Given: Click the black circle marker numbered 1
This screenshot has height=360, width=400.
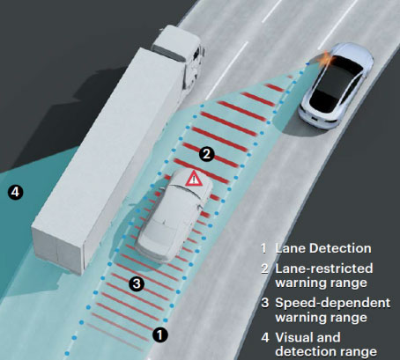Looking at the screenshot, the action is [160, 334].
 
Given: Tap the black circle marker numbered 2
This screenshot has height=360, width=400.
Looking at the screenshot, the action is [207, 153].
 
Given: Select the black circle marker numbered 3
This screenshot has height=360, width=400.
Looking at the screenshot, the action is [137, 283].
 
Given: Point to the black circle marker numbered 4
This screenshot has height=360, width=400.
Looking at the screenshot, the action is [15, 192].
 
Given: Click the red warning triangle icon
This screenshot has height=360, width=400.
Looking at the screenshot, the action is [194, 179].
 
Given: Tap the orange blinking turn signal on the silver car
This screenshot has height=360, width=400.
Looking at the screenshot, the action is [328, 60].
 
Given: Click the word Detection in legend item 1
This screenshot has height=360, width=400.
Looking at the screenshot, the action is [340, 248].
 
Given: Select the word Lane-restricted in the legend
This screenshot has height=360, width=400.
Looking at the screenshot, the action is [324, 268].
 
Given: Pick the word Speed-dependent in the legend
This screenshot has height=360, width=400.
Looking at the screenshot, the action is [333, 303].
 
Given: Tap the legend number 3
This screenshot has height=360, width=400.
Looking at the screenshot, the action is [265, 303].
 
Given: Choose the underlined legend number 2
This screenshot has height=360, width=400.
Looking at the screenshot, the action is [264, 268].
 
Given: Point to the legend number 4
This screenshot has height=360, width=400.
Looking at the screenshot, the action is [265, 337].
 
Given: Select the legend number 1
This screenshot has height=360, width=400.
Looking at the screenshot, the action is [264, 248].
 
